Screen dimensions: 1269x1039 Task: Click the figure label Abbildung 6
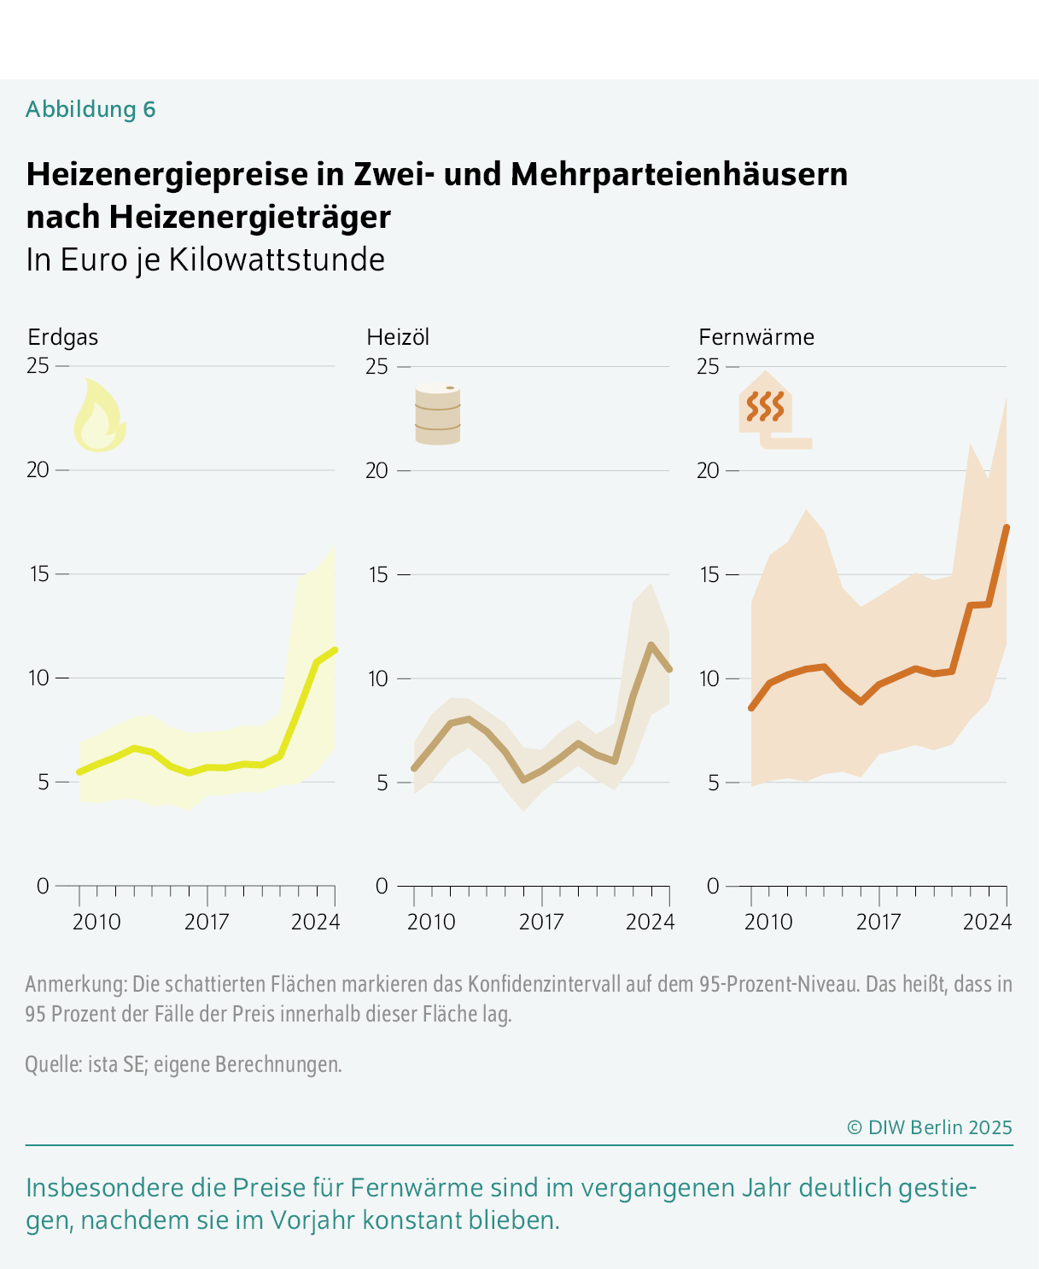coord(90,109)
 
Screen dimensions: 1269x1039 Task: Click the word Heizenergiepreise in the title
coord(166,174)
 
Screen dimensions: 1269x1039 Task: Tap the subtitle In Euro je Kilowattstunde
coord(205,259)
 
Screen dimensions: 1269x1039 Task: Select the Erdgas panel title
coord(62,337)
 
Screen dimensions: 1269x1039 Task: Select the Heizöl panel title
coord(398,337)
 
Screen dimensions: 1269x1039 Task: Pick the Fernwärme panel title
coord(756,337)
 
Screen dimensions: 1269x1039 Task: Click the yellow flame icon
coord(99,416)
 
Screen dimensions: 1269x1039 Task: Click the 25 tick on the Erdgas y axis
coord(38,366)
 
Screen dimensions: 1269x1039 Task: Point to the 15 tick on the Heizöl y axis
coord(377,574)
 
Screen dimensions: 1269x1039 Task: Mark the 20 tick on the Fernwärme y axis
coord(708,470)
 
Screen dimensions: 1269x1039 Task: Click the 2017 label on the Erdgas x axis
coord(207,922)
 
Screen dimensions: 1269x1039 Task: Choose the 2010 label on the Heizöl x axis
coord(431,922)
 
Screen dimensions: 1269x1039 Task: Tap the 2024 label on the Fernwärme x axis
coord(988,922)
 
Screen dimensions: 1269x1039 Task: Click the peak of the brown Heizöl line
coord(651,645)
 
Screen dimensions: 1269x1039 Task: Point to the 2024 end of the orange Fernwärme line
coord(1007,528)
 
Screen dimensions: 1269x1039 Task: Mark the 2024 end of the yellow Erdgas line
coord(335,650)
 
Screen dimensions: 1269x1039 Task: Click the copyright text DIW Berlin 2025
coord(929,1127)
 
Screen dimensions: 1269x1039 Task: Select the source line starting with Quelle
coord(184,1064)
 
